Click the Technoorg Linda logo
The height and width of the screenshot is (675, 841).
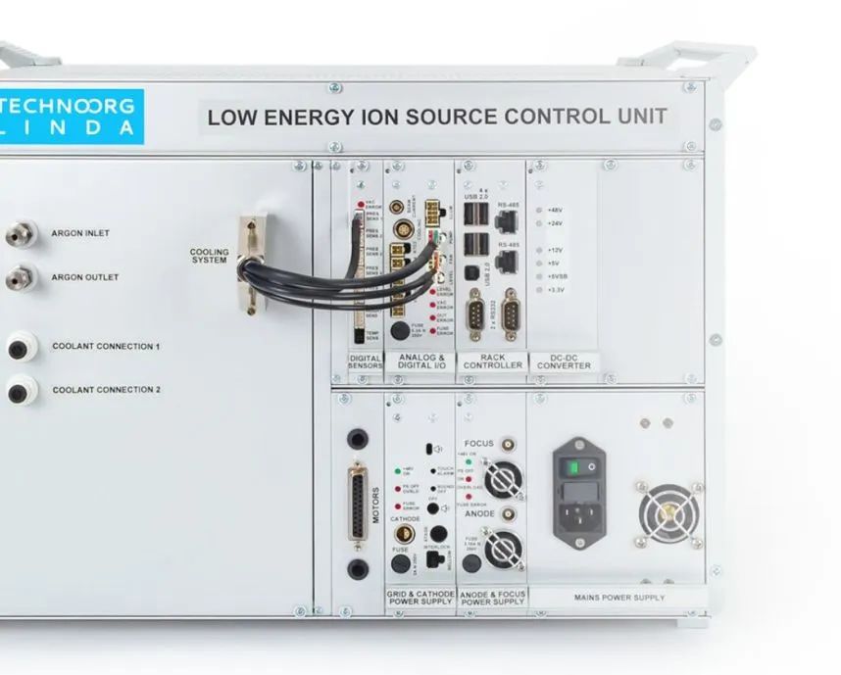(69, 117)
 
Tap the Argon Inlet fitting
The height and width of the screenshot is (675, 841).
(18, 234)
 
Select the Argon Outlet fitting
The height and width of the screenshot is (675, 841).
(18, 278)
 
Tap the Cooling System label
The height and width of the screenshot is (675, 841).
(209, 256)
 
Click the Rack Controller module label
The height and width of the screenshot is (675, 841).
(493, 362)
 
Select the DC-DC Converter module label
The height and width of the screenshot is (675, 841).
(564, 362)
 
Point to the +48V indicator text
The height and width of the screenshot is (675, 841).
(554, 210)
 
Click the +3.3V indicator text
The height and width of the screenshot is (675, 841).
(555, 290)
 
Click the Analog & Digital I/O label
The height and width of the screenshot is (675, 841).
(420, 362)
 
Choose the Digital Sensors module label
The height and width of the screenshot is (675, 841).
(366, 362)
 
